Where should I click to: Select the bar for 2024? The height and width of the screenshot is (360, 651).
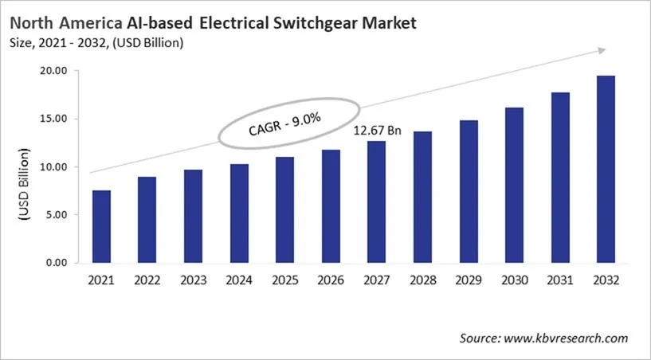click(x=239, y=213)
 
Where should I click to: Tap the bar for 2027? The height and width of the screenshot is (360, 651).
click(x=376, y=202)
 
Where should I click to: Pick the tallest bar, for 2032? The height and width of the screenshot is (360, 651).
click(x=606, y=169)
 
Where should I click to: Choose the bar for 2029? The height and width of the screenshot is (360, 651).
click(x=468, y=191)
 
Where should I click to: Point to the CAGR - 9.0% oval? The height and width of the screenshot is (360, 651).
click(x=284, y=123)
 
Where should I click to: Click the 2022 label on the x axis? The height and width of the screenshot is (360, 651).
click(x=147, y=280)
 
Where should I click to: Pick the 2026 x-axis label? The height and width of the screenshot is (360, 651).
click(x=331, y=280)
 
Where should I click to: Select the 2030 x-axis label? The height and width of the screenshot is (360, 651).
click(x=514, y=280)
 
